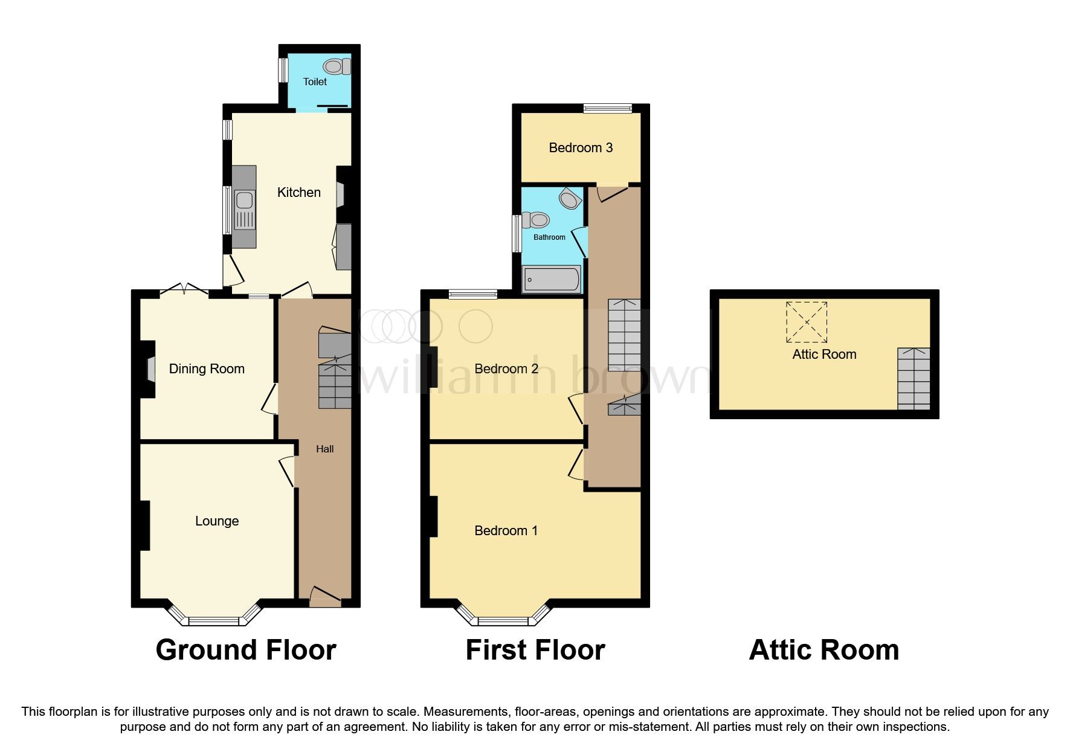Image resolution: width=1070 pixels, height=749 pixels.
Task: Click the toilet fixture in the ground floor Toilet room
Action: (x=335, y=66)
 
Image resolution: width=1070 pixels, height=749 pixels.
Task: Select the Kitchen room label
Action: (x=298, y=193)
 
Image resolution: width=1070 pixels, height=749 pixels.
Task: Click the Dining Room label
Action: (x=207, y=368)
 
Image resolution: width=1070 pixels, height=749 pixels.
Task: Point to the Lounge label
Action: (x=217, y=521)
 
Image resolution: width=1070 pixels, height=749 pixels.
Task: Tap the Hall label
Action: (x=325, y=449)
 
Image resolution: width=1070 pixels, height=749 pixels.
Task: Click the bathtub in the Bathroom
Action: (x=552, y=280)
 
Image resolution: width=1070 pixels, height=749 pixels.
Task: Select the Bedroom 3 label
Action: (x=581, y=147)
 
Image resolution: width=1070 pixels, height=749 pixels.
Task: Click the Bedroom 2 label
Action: (x=506, y=368)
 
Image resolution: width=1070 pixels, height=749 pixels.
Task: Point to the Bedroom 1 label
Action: (x=506, y=530)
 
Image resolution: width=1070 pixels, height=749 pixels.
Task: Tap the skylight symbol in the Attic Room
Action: (x=807, y=322)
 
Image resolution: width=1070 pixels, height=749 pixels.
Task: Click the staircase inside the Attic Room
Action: (x=914, y=379)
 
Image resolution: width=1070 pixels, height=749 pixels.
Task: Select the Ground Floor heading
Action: (x=246, y=650)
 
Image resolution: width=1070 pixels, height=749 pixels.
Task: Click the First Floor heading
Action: (x=535, y=650)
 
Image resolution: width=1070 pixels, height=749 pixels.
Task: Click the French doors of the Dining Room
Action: (x=184, y=290)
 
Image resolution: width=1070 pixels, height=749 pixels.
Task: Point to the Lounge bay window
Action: (x=214, y=613)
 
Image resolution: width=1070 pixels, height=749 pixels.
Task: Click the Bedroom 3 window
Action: (x=608, y=109)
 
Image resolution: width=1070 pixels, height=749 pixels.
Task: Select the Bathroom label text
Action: (x=549, y=237)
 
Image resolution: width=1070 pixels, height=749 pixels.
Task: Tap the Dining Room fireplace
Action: (x=149, y=369)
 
